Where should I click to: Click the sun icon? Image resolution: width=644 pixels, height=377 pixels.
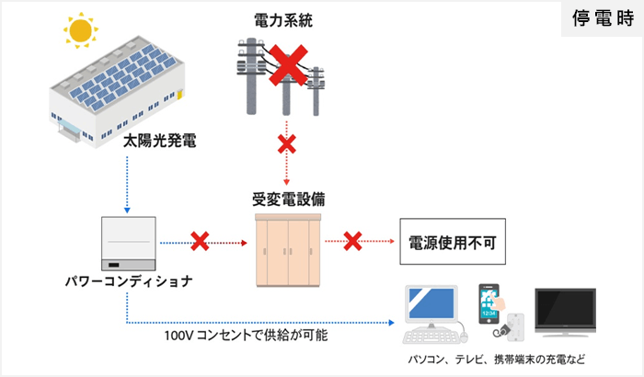click(x=81, y=30)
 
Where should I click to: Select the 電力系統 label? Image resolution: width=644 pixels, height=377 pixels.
click(x=283, y=18)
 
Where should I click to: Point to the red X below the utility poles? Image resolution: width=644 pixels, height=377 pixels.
click(x=286, y=144)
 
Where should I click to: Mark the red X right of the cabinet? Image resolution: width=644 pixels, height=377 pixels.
click(x=351, y=242)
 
